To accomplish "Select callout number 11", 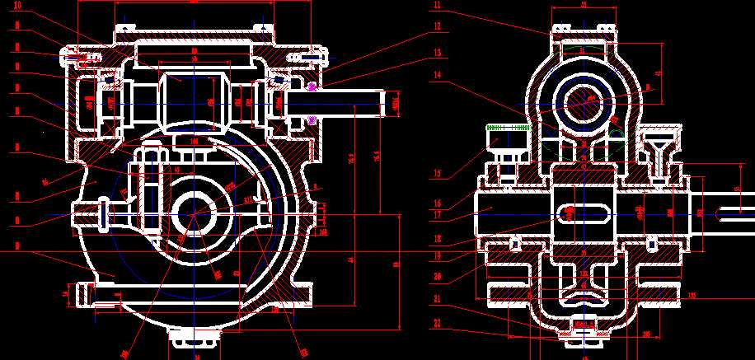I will coord(437,6).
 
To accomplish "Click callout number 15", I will coord(437,174).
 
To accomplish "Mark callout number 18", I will coord(437,238).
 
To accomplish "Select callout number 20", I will coord(437,276).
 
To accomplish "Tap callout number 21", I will coord(437,298).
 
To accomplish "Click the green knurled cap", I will coord(507,129).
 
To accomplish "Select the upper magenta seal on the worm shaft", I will coord(312,86).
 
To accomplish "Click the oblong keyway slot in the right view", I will coord(584,213).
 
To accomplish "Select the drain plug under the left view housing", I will coord(195,338).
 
